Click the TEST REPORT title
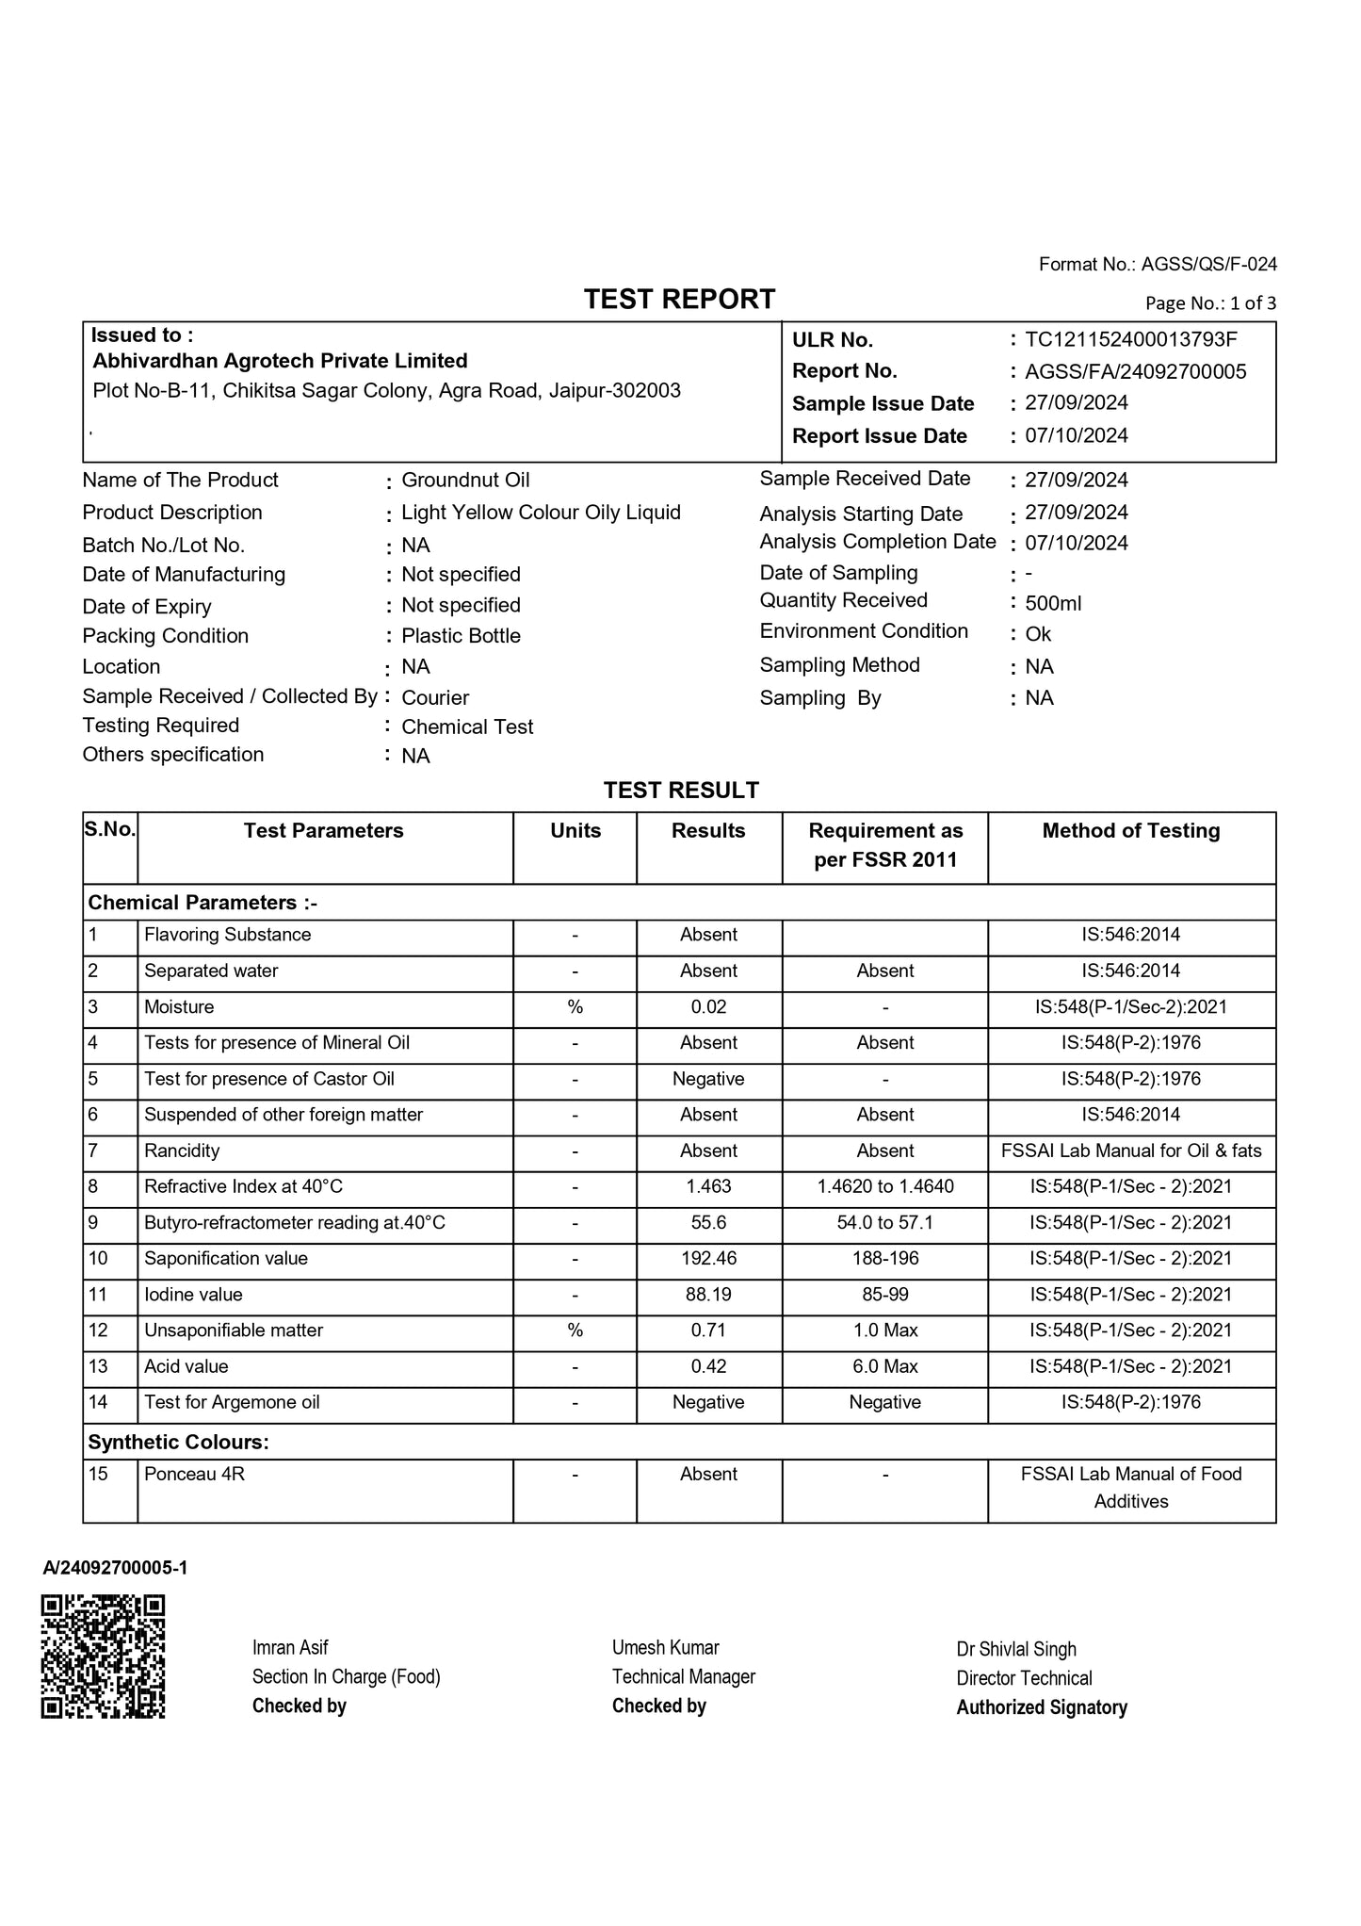pos(679,300)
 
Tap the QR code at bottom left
pos(104,1656)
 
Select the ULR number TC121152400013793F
pos(1130,339)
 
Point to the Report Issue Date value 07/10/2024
pos(1077,435)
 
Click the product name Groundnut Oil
pos(465,480)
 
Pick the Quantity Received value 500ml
pos(1053,603)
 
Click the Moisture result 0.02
pos(708,1007)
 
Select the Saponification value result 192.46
pos(708,1259)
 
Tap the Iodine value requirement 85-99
pos(885,1295)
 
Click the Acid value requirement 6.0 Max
pos(885,1366)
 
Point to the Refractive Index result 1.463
pos(708,1187)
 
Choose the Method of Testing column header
pos(1130,831)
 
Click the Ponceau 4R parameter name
pos(194,1475)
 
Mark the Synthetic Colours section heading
pos(178,1442)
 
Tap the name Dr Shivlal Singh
pos(1016,1649)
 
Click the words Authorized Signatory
pos(1042,1707)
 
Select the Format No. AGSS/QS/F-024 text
pos(1158,265)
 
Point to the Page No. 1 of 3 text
pos(1210,303)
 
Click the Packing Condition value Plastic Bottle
pos(461,636)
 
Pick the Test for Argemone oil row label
pos(232,1402)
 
